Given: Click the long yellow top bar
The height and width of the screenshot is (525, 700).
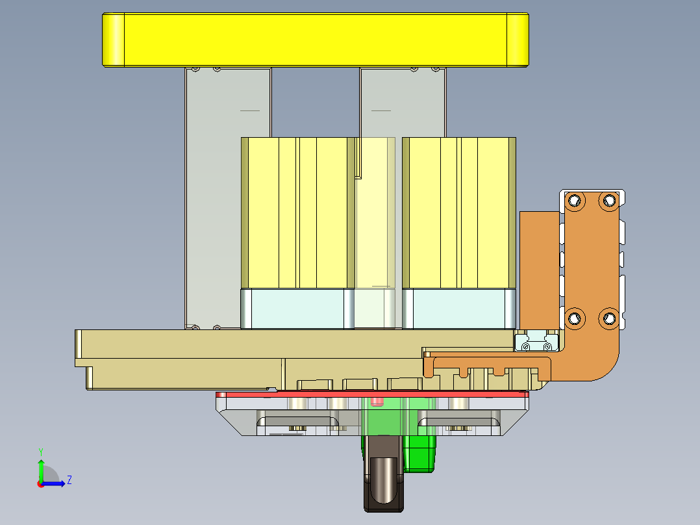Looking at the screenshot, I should tap(316, 40).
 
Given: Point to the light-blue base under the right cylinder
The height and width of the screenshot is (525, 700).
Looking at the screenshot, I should tap(458, 309).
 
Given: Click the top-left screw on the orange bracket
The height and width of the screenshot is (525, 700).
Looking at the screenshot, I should tap(574, 201).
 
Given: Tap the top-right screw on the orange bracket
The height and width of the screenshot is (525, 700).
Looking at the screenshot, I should tap(608, 200).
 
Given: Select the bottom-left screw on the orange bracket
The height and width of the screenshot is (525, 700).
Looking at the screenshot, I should tap(574, 318).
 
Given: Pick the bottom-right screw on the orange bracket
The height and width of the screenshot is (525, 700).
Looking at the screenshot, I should tap(608, 318).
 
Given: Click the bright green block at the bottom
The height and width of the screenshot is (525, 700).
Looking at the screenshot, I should tap(421, 454).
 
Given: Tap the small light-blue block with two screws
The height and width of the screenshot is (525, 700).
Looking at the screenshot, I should tap(537, 340).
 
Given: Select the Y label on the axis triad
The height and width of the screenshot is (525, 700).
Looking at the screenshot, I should tap(40, 451).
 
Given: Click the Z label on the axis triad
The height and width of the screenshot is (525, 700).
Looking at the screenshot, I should tap(69, 480).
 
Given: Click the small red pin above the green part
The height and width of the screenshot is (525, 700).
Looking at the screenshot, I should tap(376, 402).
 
